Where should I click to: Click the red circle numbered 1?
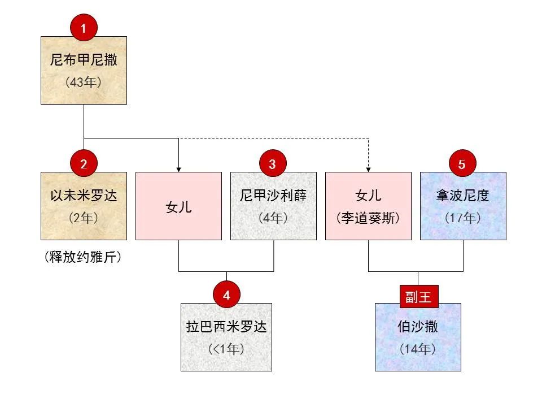coord(84,29)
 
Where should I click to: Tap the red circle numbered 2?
coord(84,164)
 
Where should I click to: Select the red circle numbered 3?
coord(273,164)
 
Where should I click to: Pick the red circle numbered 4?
coord(226,295)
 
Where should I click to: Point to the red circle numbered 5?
coord(462,164)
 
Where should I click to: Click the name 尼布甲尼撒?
coord(84,60)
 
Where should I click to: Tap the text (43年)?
coord(84,82)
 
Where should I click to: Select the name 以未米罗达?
coord(84,196)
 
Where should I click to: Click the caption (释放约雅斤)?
coord(84,258)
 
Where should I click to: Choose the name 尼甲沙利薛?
coord(273,196)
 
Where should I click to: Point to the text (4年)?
coord(273,218)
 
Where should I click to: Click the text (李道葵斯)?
coord(368,218)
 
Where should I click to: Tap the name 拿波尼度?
coord(463,196)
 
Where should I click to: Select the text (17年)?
coord(463,218)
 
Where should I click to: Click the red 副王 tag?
coord(418,296)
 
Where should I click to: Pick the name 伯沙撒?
coord(418,327)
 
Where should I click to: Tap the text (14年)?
coord(418,349)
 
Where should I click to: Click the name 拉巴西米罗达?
coord(226,327)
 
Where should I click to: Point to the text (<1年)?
coord(226,349)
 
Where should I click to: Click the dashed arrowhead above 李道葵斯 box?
coord(368,169)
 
